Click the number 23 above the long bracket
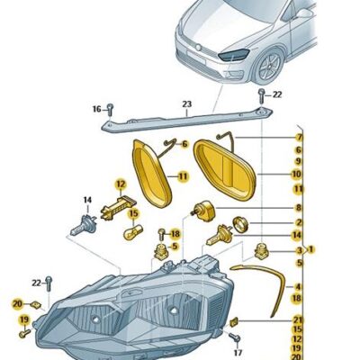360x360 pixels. click(186, 104)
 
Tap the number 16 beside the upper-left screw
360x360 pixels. click(96, 109)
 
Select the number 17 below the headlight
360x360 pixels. click(238, 354)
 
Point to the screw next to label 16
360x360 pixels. click(110, 110)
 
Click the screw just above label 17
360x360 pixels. click(235, 337)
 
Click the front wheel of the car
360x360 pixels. click(267, 67)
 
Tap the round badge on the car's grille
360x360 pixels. click(198, 48)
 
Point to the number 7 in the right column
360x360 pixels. click(299, 138)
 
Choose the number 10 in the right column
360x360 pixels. click(297, 174)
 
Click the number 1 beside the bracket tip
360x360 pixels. click(311, 249)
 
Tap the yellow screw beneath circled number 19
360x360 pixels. click(24, 333)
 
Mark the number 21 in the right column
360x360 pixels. click(297, 320)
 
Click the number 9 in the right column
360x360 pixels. click(298, 161)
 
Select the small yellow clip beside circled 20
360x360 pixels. click(36, 305)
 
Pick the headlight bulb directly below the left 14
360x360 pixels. click(83, 226)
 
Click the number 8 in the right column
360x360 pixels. click(298, 207)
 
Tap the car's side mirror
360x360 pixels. click(303, 13)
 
